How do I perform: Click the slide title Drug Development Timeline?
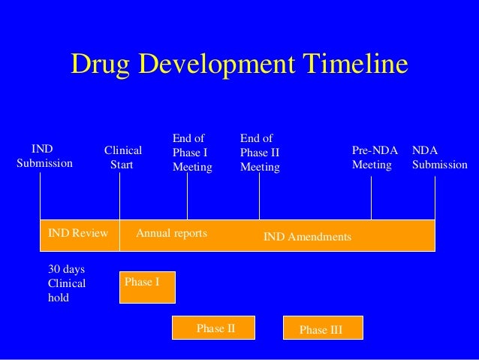click(239, 65)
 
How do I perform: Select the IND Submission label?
click(44, 156)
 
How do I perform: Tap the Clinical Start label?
click(122, 157)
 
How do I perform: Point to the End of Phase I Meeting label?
click(192, 153)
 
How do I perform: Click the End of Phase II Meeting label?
click(260, 153)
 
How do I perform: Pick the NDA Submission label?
click(439, 157)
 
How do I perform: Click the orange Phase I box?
click(147, 287)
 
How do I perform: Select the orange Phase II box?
click(214, 328)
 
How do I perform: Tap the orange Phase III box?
click(322, 328)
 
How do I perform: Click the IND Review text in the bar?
click(78, 234)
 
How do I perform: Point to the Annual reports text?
click(171, 234)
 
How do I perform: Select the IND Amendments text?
click(307, 237)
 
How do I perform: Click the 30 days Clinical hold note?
click(67, 283)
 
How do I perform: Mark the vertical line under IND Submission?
click(40, 198)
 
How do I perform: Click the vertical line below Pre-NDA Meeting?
click(371, 198)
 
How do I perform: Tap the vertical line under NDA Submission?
click(435, 198)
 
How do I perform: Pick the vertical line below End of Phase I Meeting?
click(187, 198)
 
